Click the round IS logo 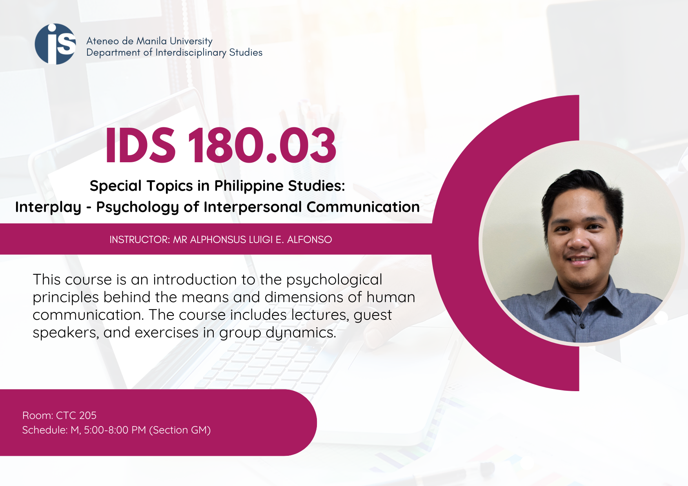[55, 44]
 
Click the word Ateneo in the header [103, 41]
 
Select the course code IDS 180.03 [221, 145]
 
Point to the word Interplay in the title [48, 207]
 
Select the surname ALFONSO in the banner [309, 239]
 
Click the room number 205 [87, 415]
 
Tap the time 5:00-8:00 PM [115, 430]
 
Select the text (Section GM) [180, 430]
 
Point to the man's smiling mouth [580, 259]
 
